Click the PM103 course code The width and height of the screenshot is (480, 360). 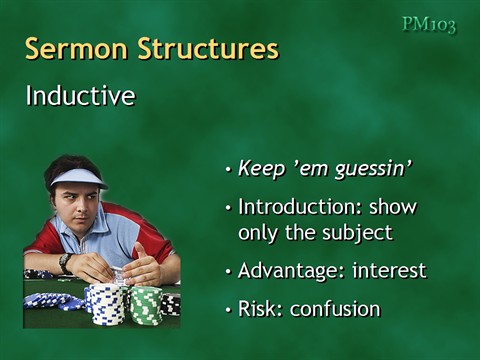click(428, 25)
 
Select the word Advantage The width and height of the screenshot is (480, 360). click(288, 271)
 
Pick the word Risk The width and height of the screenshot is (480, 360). click(261, 309)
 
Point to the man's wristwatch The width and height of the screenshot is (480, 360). click(65, 262)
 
